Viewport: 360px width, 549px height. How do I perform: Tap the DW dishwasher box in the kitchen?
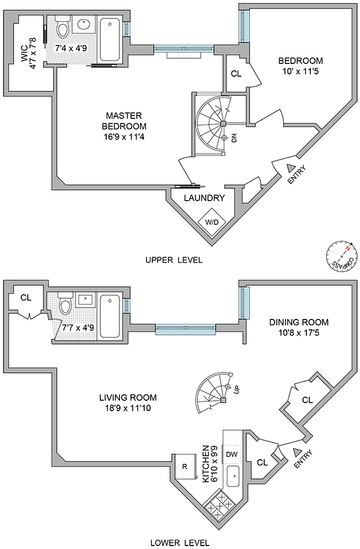(x=232, y=454)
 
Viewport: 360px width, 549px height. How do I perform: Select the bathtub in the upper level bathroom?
(x=110, y=39)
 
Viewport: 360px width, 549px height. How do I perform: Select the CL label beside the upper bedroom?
(x=235, y=73)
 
